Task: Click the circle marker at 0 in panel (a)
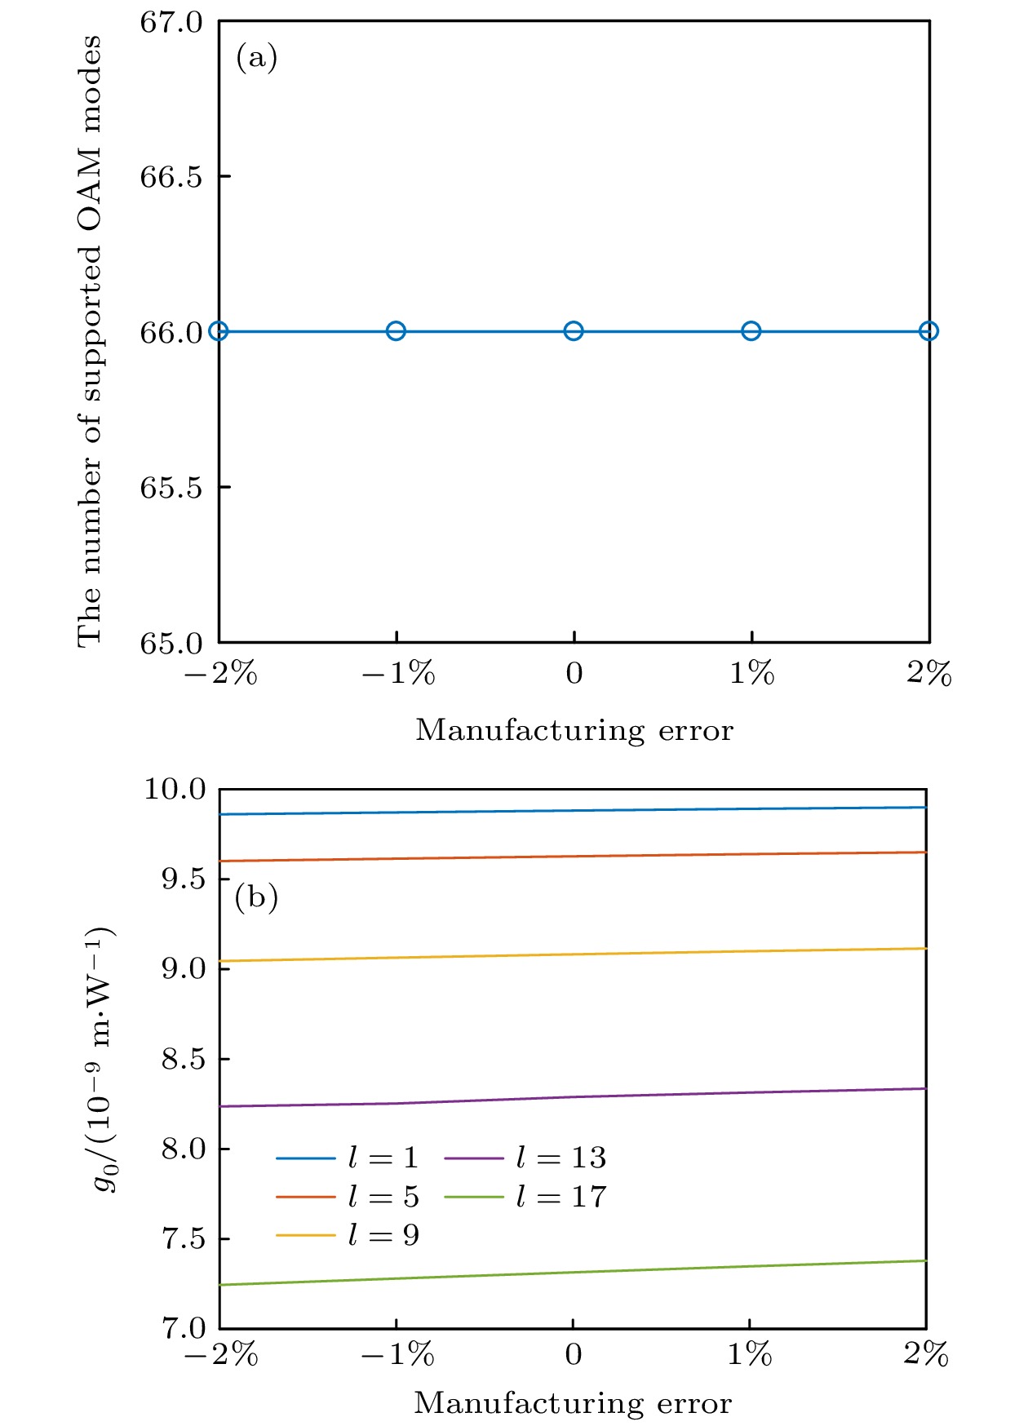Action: tap(574, 331)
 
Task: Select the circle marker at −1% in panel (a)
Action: tap(396, 331)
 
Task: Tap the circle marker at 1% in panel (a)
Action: tap(751, 331)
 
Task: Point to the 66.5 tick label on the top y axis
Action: tap(171, 177)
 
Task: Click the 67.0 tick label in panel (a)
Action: tap(171, 22)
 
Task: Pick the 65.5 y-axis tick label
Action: tap(171, 488)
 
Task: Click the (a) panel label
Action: tap(256, 58)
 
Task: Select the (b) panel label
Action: tap(256, 898)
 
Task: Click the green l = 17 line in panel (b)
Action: tap(574, 1273)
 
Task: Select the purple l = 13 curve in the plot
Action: tap(574, 1096)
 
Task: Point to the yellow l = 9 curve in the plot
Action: tap(574, 954)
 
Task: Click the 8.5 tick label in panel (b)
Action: tap(184, 1059)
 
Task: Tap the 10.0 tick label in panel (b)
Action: tap(175, 789)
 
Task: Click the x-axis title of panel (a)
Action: tap(574, 730)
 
